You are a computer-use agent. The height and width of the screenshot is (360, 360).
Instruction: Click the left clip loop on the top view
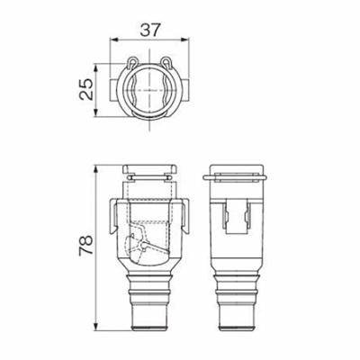131,66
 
